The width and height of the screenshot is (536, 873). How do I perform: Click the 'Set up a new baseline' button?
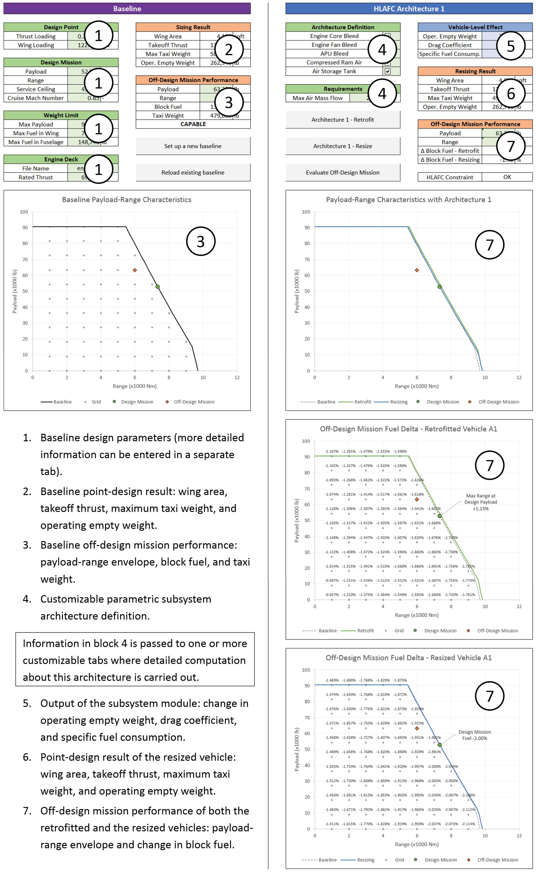(193, 146)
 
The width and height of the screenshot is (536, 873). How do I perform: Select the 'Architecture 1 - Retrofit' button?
(342, 120)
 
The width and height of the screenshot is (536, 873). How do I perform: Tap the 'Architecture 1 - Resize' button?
(342, 146)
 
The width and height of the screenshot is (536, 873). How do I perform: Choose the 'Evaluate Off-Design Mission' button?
(342, 173)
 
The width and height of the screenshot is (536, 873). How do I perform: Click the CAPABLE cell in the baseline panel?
(193, 124)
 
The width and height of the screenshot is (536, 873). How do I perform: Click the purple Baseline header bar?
(127, 8)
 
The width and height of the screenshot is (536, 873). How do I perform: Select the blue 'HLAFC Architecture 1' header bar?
(409, 8)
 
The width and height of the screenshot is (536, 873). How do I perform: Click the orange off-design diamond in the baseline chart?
(135, 270)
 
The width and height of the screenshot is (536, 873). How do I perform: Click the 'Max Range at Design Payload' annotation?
(481, 502)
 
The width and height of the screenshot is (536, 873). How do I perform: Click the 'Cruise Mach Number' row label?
(36, 98)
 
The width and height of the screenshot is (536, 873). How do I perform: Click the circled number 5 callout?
(510, 46)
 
